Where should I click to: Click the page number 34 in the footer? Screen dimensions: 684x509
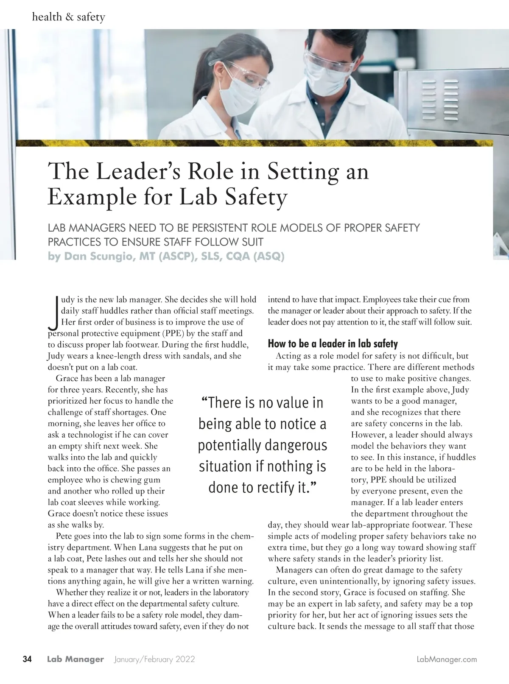tap(27, 659)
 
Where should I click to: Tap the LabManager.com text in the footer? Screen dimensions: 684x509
tap(447, 659)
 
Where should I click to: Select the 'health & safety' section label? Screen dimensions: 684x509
tap(68, 17)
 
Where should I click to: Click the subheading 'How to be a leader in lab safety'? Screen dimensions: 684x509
tap(333, 343)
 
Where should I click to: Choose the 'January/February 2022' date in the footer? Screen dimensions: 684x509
tap(154, 659)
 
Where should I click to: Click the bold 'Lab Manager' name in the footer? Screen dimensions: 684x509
tap(75, 659)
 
